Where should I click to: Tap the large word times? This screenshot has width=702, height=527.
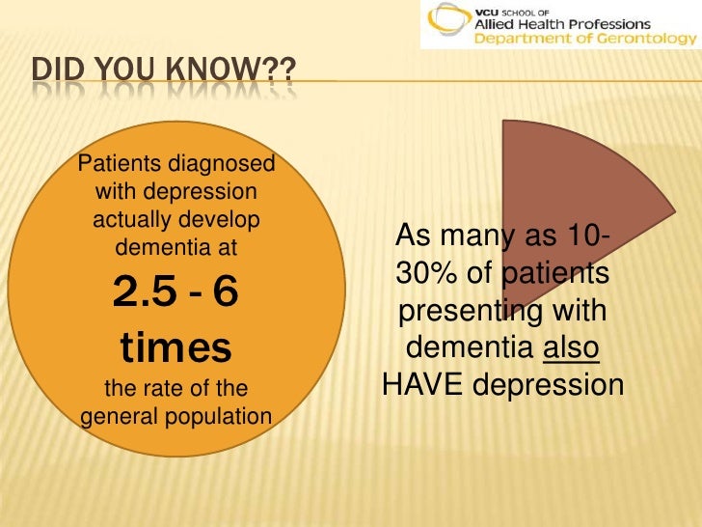[x=175, y=347]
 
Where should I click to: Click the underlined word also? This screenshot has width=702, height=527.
[x=572, y=348]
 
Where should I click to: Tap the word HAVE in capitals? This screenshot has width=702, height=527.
[x=420, y=385]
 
